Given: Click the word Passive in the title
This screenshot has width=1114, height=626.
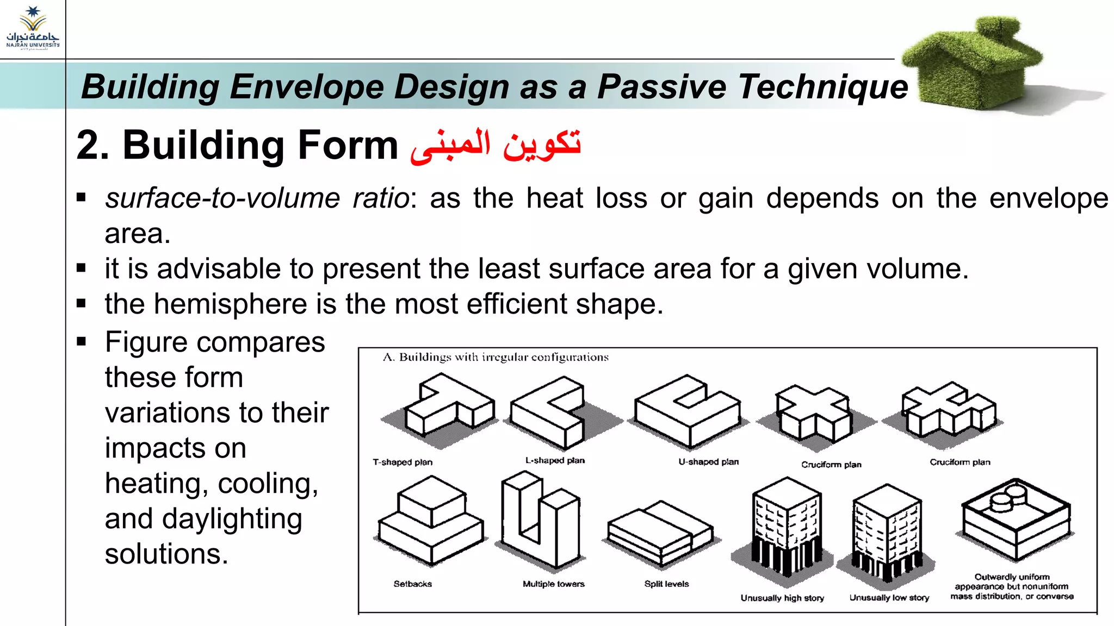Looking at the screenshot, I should click(661, 87).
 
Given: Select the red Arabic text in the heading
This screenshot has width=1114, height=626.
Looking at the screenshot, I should click(496, 146).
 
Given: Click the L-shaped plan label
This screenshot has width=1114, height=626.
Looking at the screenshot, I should click(555, 461).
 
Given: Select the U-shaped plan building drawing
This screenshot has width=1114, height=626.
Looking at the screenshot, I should click(688, 413).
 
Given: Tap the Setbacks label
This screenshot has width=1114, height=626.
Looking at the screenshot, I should click(412, 584).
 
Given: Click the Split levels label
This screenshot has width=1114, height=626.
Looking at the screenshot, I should click(666, 584).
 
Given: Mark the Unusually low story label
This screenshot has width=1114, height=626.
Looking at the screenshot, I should click(889, 598).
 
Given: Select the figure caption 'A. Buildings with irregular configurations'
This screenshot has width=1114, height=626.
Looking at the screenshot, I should click(496, 358).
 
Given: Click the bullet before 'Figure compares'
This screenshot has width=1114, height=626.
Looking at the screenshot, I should click(82, 342).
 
